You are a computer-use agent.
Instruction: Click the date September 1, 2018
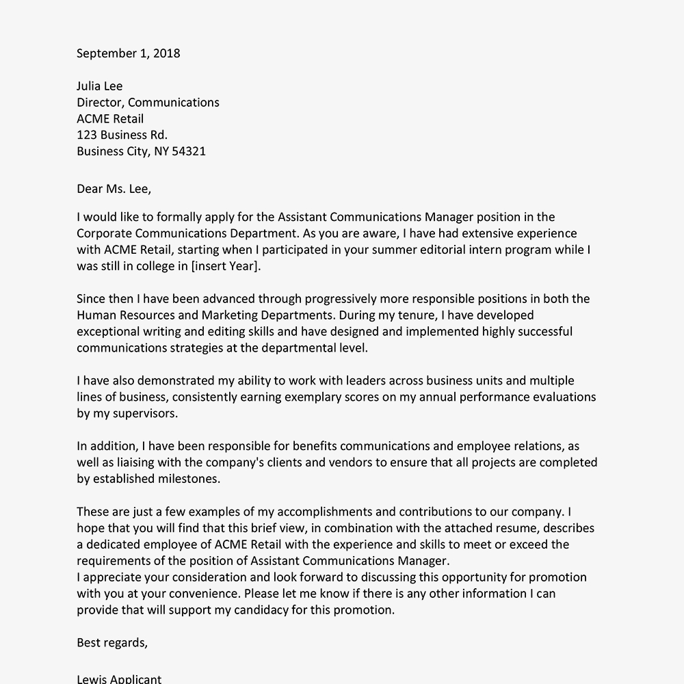[x=128, y=53]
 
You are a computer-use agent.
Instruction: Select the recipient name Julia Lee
[x=100, y=86]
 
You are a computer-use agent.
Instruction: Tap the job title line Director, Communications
[x=148, y=103]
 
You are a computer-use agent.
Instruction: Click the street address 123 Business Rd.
[x=122, y=135]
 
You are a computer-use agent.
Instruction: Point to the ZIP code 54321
[x=187, y=151]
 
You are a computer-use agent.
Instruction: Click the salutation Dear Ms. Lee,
[x=114, y=188]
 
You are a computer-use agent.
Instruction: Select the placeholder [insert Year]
[x=226, y=266]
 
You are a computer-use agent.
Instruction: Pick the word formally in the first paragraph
[x=179, y=218]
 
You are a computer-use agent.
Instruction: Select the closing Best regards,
[x=111, y=642]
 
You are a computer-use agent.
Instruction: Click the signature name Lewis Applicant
[x=119, y=679]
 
